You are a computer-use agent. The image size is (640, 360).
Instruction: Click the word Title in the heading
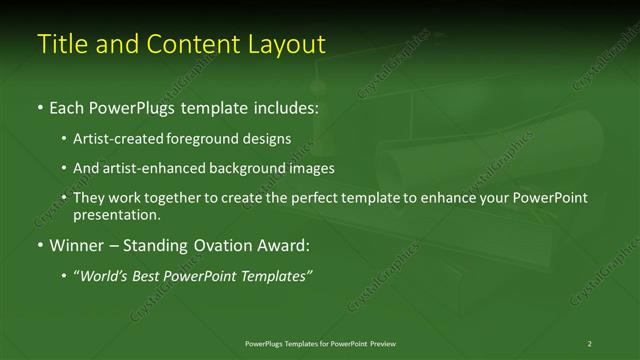point(62,44)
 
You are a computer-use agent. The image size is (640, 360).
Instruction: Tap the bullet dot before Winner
point(39,245)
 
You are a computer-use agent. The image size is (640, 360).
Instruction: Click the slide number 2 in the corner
point(589,343)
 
